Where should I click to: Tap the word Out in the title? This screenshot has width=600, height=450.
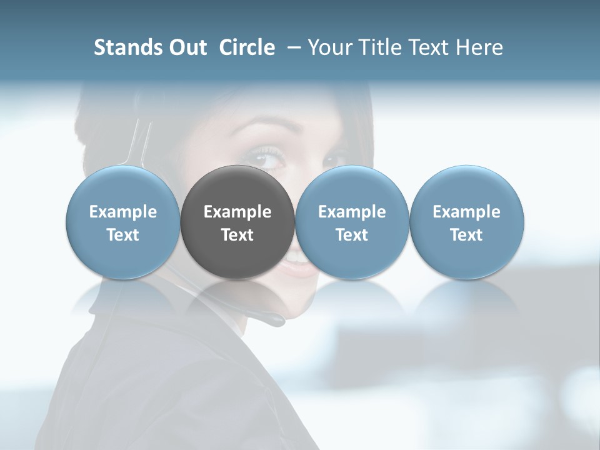tap(186, 47)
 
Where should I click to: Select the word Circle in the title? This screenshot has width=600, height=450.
tap(247, 47)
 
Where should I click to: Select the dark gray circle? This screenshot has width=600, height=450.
tap(237, 222)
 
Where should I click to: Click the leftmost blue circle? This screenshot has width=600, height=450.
tap(123, 222)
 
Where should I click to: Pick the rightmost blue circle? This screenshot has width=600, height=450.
tap(467, 222)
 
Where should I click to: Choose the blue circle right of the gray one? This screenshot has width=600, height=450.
tap(352, 222)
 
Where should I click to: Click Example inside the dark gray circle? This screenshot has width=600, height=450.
tap(237, 212)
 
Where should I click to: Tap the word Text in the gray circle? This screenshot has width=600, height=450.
tap(237, 235)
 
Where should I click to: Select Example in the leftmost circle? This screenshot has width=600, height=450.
tap(123, 212)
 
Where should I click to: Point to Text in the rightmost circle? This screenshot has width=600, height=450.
tap(467, 235)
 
